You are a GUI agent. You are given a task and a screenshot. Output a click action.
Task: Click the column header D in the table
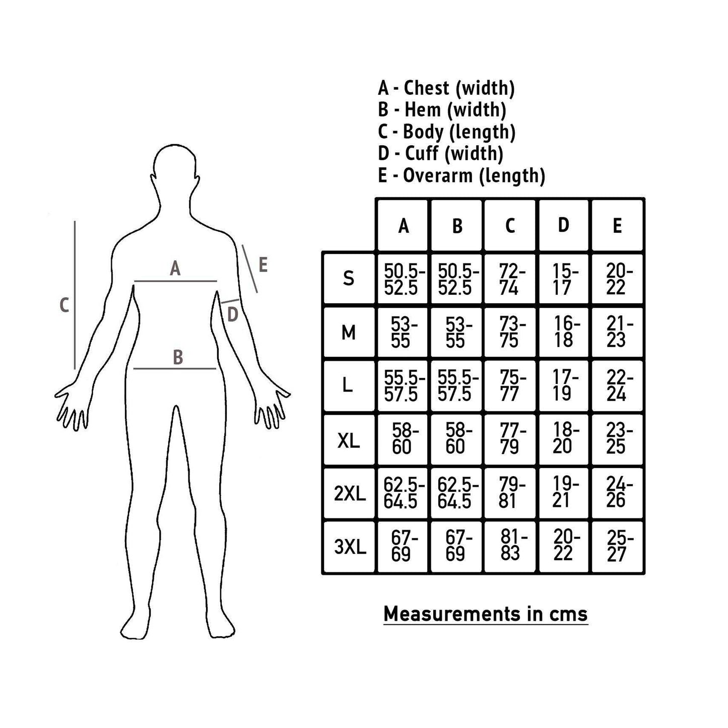pos(563,225)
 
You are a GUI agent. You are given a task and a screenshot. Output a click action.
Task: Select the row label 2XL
pos(350,494)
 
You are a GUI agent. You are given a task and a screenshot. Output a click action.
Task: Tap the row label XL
pos(348,440)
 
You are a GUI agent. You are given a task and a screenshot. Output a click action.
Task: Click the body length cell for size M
pos(510,333)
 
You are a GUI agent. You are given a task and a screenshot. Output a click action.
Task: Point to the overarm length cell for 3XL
pos(617,546)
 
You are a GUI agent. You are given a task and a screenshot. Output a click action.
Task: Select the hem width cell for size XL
pos(456,439)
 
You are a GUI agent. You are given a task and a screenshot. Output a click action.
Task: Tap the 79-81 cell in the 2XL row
pos(510,493)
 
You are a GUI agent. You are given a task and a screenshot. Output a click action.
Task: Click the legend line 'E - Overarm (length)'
pos(461,176)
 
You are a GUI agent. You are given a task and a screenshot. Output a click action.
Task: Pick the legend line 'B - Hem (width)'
pos(442,110)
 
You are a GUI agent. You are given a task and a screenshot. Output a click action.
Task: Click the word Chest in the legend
pos(427,88)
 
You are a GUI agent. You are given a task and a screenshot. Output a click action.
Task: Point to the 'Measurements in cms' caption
pos(486,614)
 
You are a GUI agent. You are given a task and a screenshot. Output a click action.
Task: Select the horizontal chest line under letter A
pos(175,281)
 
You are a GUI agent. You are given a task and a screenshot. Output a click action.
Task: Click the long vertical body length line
pos(75,295)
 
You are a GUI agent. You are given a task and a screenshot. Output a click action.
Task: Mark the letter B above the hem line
pos(177,357)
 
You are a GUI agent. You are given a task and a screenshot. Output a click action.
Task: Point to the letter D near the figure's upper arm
pos(232,314)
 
